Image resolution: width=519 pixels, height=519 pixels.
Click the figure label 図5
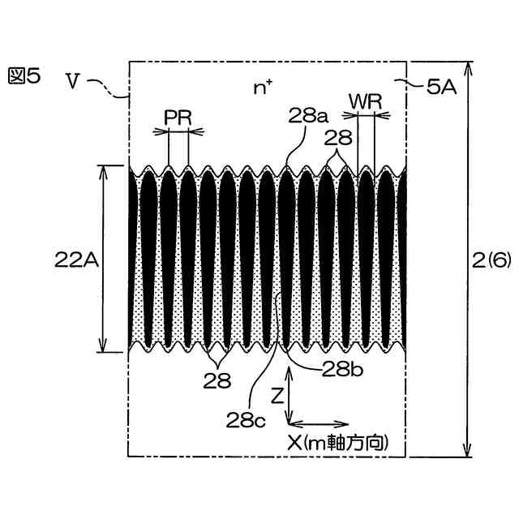[25, 76]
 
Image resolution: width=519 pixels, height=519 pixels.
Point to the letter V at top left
[73, 81]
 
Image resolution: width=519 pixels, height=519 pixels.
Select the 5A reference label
[441, 88]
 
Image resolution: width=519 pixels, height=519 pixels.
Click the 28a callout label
[307, 115]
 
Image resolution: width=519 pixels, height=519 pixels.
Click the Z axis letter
[277, 396]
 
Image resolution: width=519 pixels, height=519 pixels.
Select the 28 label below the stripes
[217, 378]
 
